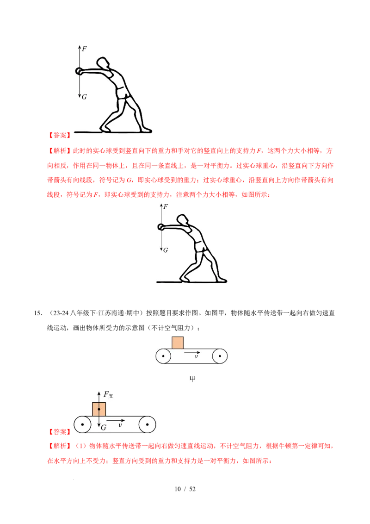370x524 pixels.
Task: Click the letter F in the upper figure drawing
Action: click(84, 49)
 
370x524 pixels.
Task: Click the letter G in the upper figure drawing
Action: click(84, 97)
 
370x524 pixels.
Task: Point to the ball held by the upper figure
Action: click(78, 71)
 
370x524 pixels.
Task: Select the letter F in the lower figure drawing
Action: click(165, 207)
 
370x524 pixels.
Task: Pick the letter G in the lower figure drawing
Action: click(165, 250)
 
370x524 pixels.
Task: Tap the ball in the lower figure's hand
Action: click(161, 227)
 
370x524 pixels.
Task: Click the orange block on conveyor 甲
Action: click(178, 343)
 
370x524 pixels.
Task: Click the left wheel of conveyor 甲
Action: click(163, 356)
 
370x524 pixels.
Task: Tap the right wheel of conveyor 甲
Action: click(219, 356)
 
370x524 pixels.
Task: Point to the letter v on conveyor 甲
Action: click(196, 356)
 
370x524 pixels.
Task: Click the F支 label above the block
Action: click(108, 394)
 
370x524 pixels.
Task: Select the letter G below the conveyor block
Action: click(104, 428)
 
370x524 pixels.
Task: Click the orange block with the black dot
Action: click(99, 409)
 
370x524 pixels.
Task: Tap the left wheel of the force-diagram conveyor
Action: click(83, 424)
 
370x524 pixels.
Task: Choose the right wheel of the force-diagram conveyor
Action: click(147, 424)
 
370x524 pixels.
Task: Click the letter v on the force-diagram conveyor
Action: click(120, 424)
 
